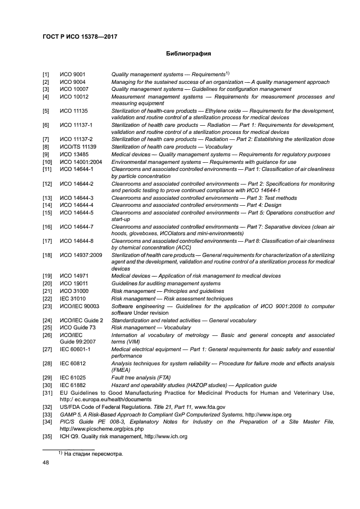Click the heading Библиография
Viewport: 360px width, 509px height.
[x=188, y=54]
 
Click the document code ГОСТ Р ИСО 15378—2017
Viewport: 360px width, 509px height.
[x=80, y=37]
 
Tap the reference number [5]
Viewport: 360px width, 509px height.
[x=46, y=111]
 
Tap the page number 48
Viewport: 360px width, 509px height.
[x=46, y=463]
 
